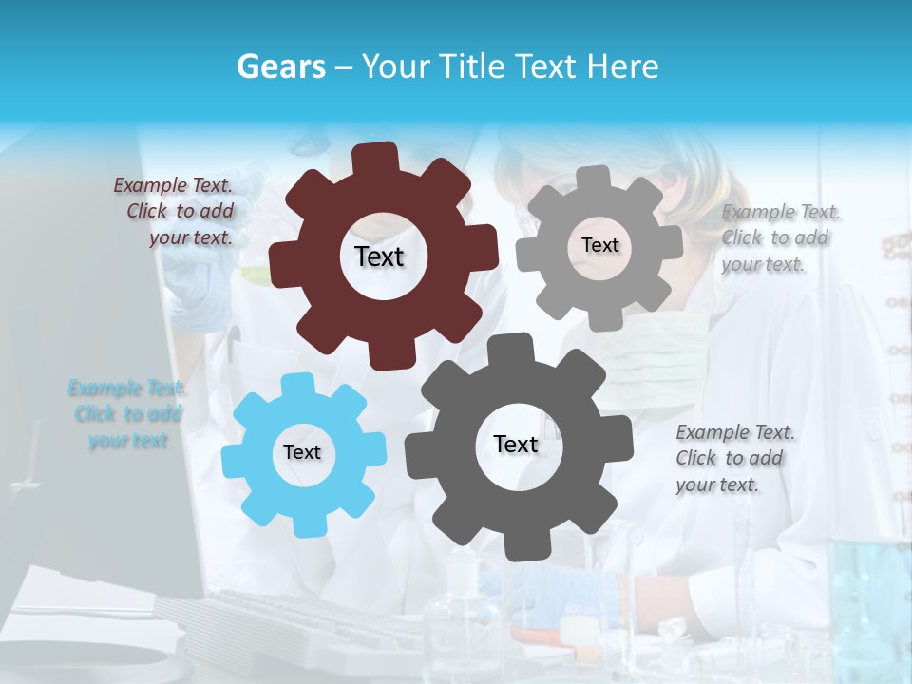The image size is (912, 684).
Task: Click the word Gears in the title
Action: click(x=280, y=66)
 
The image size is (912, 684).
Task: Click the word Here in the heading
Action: click(x=623, y=66)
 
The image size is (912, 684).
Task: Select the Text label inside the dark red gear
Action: click(x=379, y=256)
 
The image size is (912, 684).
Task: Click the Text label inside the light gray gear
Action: click(x=599, y=245)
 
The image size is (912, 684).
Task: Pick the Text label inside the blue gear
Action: click(x=302, y=452)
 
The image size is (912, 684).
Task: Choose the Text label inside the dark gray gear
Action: click(x=516, y=444)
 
